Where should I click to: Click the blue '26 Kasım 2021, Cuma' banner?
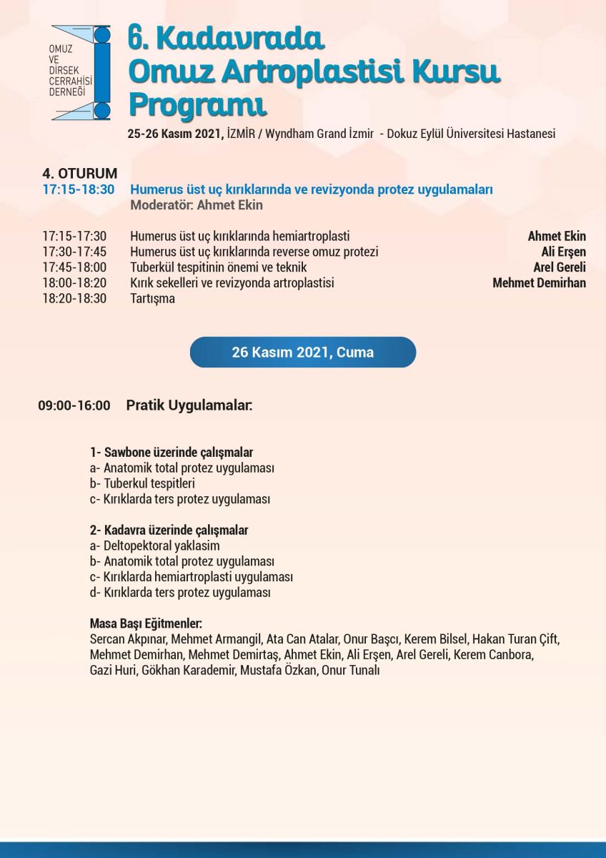(x=302, y=352)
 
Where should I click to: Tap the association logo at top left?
(x=81, y=72)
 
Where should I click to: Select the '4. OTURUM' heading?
(x=80, y=174)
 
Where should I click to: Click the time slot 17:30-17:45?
(x=74, y=252)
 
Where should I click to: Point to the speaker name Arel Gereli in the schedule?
(x=560, y=267)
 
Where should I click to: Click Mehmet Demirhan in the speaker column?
(x=539, y=283)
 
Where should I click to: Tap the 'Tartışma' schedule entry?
(x=152, y=299)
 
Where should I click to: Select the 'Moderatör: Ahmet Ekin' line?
(x=197, y=205)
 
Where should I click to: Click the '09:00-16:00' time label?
(x=74, y=406)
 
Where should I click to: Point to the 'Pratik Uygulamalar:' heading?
(x=189, y=406)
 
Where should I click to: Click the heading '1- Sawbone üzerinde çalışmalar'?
(x=172, y=453)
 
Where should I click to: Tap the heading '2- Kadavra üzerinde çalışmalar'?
(x=169, y=531)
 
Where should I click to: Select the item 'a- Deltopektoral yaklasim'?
(x=155, y=546)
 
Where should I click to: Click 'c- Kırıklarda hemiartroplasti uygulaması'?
(x=192, y=577)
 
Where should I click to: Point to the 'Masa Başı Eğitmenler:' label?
(x=146, y=623)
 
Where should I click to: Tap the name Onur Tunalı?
(x=350, y=671)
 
